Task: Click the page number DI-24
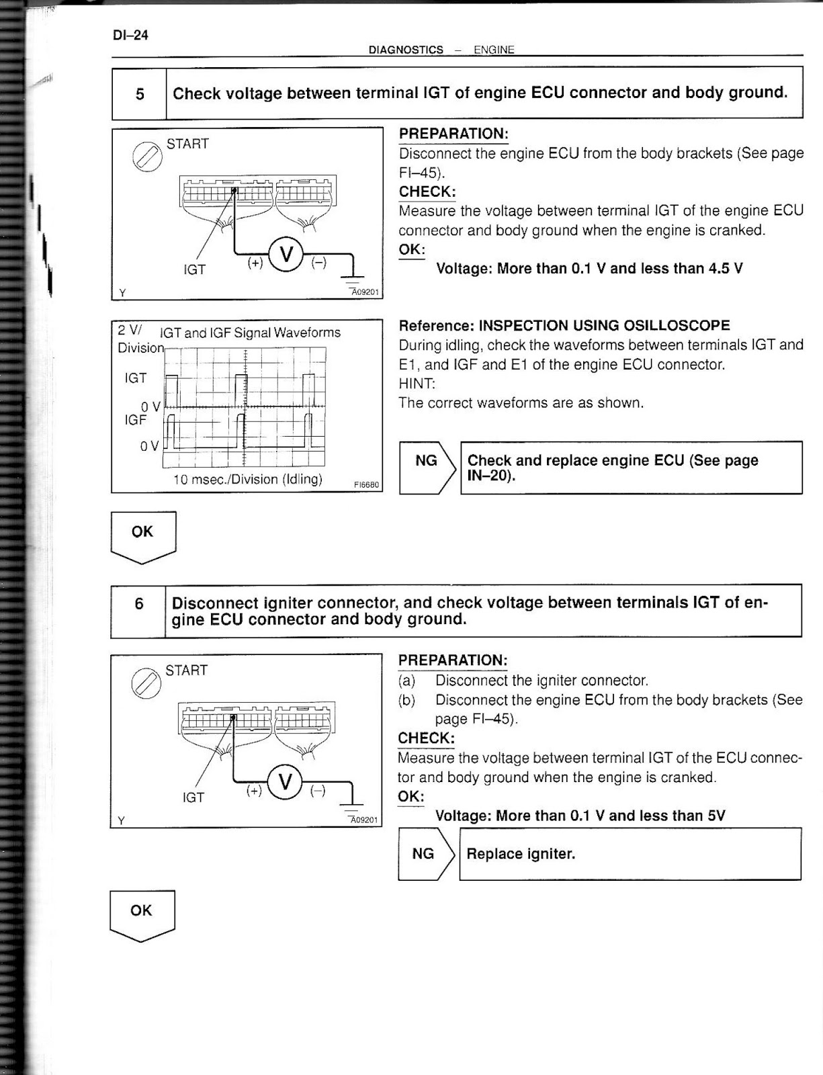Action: (x=130, y=36)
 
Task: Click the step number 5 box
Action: (x=140, y=94)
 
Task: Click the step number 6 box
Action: (x=138, y=603)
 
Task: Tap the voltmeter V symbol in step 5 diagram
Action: (x=286, y=255)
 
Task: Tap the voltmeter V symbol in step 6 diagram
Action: (x=286, y=782)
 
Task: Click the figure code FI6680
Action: (x=366, y=484)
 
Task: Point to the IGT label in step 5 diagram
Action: (x=194, y=269)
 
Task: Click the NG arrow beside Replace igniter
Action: (x=426, y=854)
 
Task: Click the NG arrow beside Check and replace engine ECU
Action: (x=428, y=461)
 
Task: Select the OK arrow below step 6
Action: (x=142, y=914)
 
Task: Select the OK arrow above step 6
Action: (x=142, y=535)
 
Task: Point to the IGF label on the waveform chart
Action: (x=135, y=420)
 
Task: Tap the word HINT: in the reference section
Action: (x=417, y=384)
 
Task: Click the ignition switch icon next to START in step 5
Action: (x=146, y=157)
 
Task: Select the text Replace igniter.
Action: (x=521, y=854)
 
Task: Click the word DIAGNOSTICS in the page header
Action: (x=406, y=50)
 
